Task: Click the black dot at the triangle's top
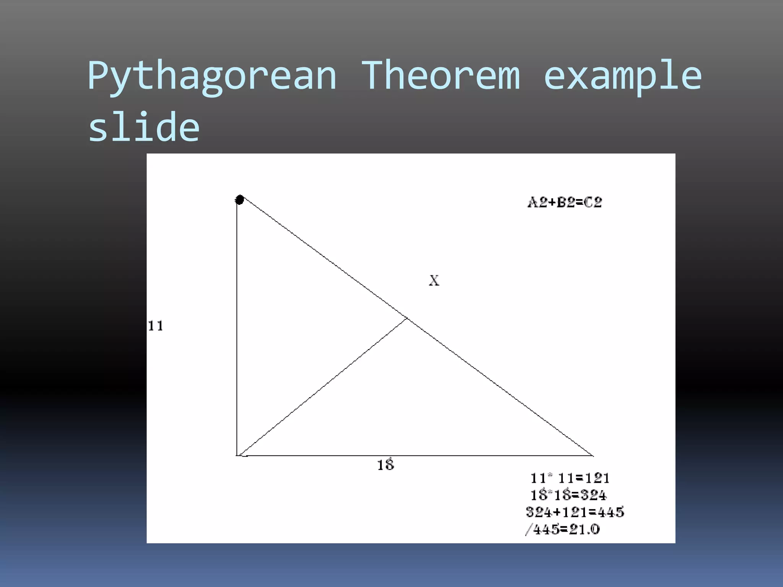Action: click(x=240, y=199)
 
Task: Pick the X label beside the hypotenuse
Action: click(x=434, y=281)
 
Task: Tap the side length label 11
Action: click(x=156, y=326)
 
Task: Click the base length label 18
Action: click(x=385, y=465)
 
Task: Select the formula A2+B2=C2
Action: click(x=565, y=202)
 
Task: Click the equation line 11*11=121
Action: click(x=570, y=478)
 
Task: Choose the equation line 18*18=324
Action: click(x=569, y=495)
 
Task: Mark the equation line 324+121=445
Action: click(x=575, y=512)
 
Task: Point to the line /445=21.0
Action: click(x=563, y=529)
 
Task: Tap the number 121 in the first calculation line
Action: click(x=596, y=478)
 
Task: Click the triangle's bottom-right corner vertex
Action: click(x=593, y=456)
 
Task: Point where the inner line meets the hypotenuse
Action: click(x=407, y=318)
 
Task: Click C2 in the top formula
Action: click(x=593, y=202)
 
